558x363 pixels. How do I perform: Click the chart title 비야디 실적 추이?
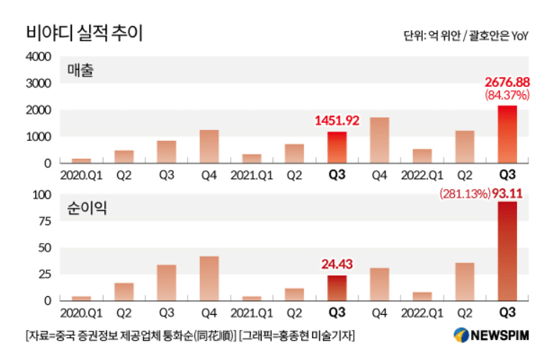(x=84, y=34)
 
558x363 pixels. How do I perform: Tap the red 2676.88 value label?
(x=507, y=83)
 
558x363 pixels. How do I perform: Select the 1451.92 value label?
(x=337, y=119)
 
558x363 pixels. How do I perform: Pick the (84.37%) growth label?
(x=507, y=95)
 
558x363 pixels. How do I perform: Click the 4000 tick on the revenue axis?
(x=38, y=57)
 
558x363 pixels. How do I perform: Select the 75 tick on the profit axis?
(x=44, y=221)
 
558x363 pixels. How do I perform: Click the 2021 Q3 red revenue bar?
(x=337, y=147)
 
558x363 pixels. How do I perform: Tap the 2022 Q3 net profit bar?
(x=507, y=251)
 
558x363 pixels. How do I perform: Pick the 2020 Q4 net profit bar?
(x=209, y=278)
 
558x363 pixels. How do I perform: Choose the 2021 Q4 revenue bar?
(x=379, y=140)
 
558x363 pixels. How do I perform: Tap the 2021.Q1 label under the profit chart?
(x=251, y=313)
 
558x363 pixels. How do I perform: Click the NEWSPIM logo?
(x=490, y=335)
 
